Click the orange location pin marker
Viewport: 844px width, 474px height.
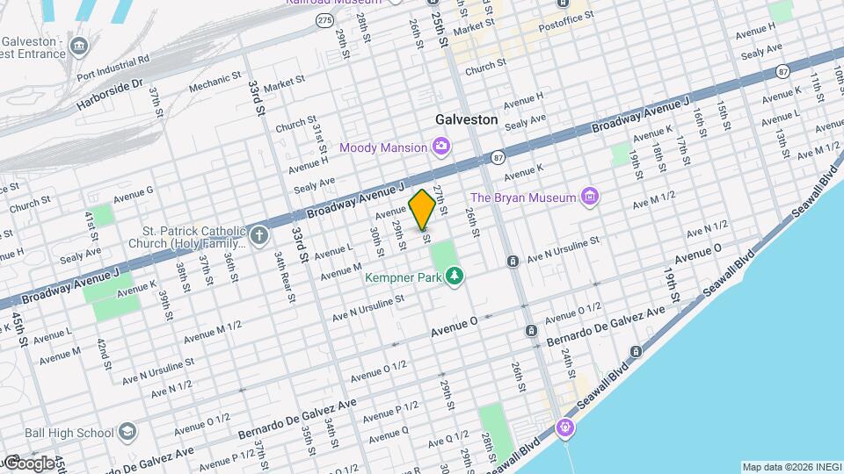(x=422, y=208)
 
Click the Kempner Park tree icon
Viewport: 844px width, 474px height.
(x=455, y=277)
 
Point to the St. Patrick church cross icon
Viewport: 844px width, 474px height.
(x=258, y=235)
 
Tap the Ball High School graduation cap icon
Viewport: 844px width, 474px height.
(x=128, y=432)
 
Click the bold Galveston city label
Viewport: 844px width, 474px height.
(x=466, y=119)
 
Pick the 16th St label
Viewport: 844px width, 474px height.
(x=700, y=122)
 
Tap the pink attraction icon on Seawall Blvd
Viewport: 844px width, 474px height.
(x=564, y=427)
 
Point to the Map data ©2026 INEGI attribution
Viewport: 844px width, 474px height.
(x=789, y=467)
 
